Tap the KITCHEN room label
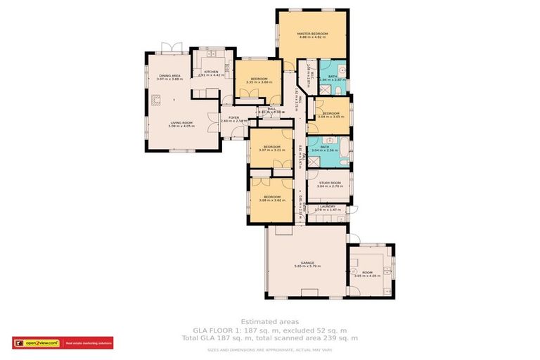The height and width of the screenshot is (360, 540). coord(211,71)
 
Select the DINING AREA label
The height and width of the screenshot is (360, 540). coord(169,75)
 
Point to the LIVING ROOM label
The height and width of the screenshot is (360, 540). coord(180,123)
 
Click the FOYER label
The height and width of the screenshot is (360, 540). coord(233,117)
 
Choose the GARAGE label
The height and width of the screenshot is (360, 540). coord(307,262)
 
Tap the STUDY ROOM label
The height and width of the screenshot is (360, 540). coord(329,183)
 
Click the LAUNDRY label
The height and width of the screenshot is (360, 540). coord(328,206)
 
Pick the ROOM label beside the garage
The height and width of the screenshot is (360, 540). coord(367,272)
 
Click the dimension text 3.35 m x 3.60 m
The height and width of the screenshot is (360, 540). coord(259,83)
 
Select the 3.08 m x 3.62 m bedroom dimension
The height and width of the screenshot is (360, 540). coord(272,200)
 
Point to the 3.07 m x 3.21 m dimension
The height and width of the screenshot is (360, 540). coord(272,150)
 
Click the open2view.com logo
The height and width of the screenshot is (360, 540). coord(38,343)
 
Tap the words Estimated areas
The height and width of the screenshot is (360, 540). coord(269,321)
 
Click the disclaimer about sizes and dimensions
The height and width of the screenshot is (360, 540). coord(270,349)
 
